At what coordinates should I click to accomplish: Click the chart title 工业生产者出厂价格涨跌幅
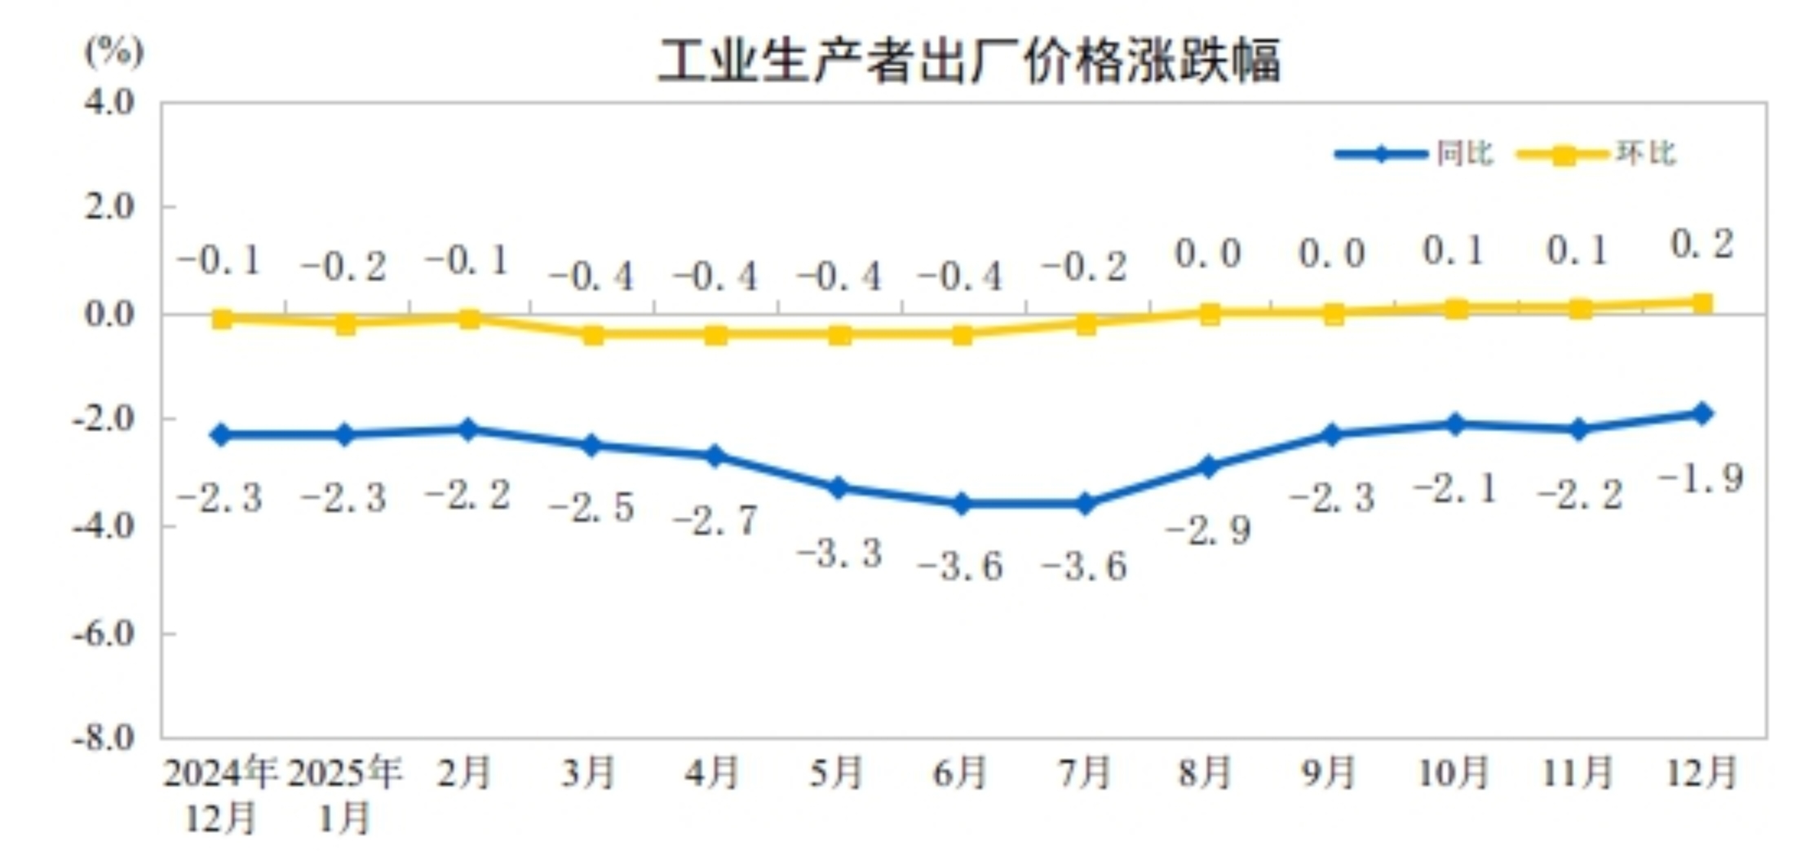[x=968, y=62]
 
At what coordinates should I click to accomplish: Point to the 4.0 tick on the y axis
[x=109, y=104]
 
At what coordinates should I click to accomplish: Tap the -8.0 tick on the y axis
[x=104, y=738]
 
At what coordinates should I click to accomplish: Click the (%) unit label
[x=114, y=52]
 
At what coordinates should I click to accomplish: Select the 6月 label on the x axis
[x=961, y=773]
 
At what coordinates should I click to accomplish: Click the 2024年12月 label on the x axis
[x=220, y=795]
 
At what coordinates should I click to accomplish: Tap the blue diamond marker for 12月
[x=1702, y=413]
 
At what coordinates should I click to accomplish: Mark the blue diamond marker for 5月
[x=838, y=488]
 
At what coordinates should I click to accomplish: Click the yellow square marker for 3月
[x=593, y=334]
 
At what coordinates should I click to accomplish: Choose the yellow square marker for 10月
[x=1457, y=309]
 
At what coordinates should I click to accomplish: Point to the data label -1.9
[x=1701, y=478]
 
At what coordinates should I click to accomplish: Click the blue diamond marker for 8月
[x=1209, y=466]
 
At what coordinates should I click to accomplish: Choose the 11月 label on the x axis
[x=1578, y=773]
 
